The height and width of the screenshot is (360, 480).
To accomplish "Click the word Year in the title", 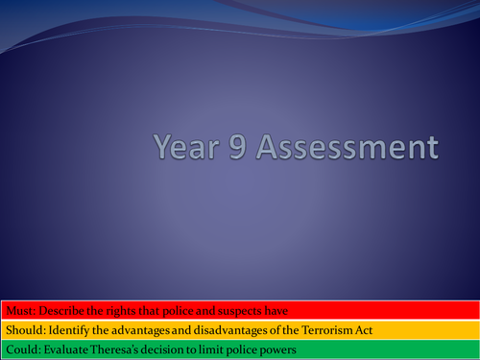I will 188,149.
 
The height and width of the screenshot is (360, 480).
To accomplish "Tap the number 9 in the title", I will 243,149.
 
